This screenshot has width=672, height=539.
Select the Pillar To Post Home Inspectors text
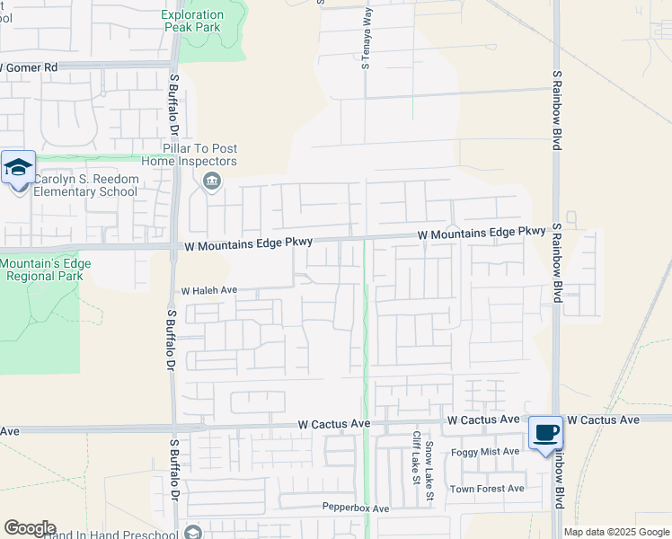[199, 155]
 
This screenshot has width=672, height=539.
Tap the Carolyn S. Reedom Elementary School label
[86, 186]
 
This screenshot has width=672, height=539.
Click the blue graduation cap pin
[18, 168]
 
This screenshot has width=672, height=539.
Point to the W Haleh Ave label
[208, 291]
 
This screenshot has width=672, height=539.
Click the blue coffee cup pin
[545, 433]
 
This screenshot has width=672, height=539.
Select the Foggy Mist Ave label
[485, 452]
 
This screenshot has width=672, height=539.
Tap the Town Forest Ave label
[487, 489]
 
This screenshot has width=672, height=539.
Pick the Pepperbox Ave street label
[356, 508]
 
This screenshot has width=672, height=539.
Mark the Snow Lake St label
[430, 471]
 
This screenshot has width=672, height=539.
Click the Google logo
[30, 528]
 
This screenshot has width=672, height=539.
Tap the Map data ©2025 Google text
[615, 532]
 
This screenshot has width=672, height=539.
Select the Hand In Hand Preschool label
[108, 533]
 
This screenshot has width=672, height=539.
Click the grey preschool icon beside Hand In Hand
[191, 533]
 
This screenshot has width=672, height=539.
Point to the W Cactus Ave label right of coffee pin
[604, 420]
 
